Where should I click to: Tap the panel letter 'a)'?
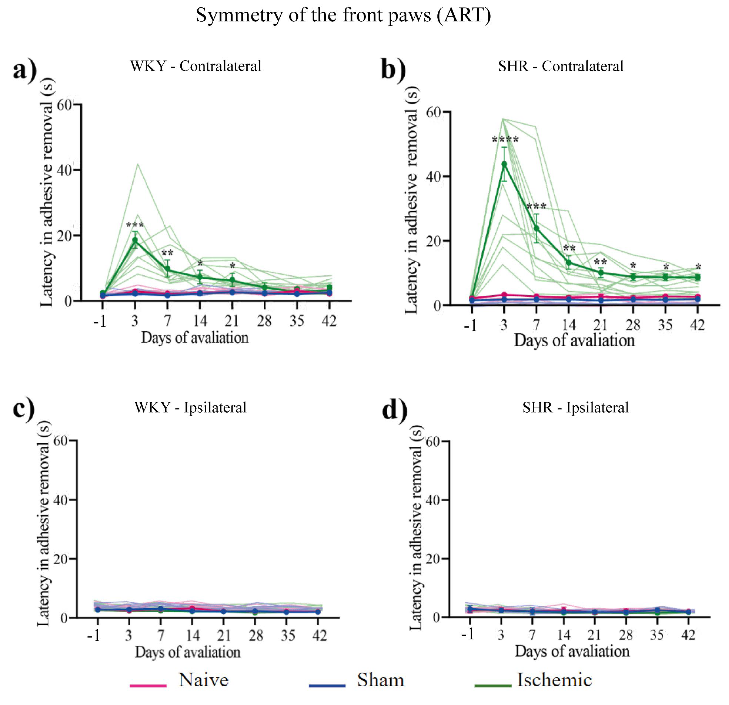[x=24, y=70]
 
